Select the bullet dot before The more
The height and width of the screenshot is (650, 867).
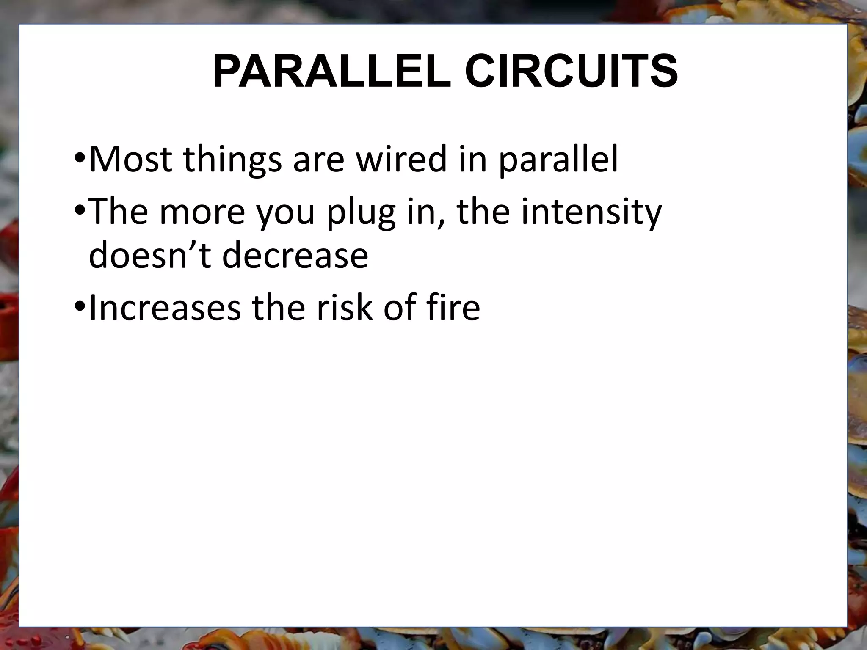click(80, 211)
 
